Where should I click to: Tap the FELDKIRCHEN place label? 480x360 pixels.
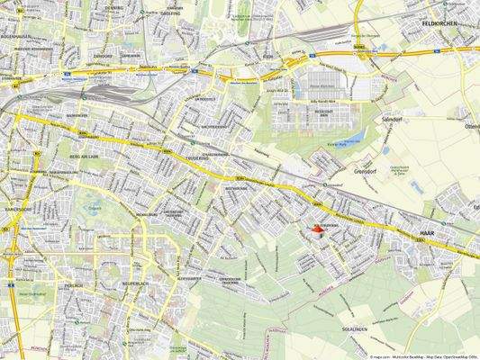tap(446, 23)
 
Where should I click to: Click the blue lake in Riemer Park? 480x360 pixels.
tap(359, 138)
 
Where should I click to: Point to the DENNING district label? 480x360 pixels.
tap(114, 7)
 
